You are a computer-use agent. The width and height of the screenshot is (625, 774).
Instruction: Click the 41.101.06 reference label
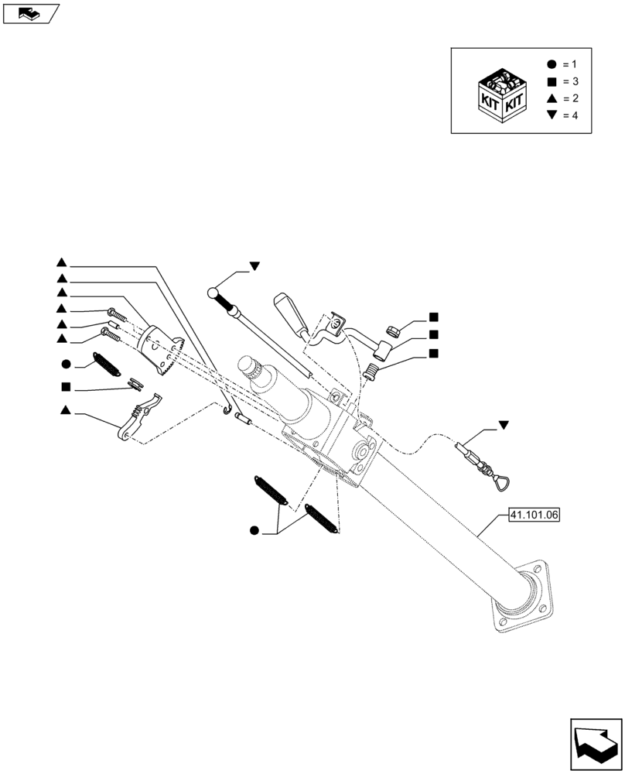[x=534, y=513]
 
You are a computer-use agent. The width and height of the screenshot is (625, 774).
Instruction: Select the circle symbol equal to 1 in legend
[x=551, y=63]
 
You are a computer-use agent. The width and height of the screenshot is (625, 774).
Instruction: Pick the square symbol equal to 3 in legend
[x=551, y=81]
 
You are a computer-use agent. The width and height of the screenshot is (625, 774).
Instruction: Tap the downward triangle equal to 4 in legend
[x=551, y=115]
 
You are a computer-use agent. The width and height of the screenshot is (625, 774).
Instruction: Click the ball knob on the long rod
[x=213, y=292]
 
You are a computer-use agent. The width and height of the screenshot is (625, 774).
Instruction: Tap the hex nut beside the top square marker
[x=391, y=330]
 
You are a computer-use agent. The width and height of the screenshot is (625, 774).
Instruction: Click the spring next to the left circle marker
[x=108, y=364]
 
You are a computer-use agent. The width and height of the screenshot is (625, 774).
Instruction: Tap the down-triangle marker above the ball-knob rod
[x=253, y=266]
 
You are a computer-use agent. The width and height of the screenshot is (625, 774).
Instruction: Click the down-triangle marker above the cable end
[x=504, y=425]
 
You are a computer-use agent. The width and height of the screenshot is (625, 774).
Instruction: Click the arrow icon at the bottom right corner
[x=596, y=745]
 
